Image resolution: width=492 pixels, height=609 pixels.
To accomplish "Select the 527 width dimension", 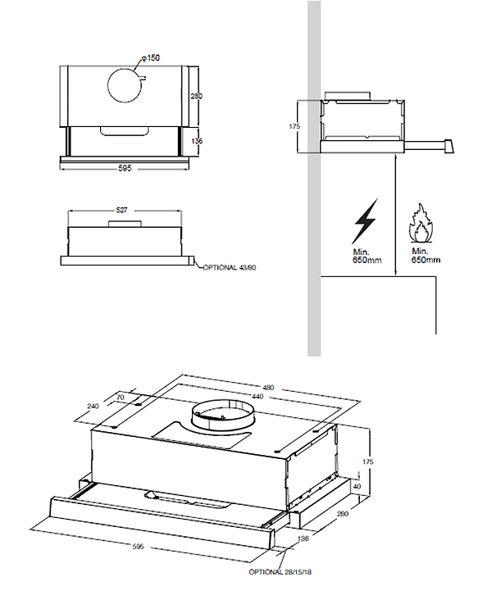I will (121, 211).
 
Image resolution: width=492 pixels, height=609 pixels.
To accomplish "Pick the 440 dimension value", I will (258, 396).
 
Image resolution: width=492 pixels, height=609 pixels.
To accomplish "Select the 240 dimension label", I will (93, 406).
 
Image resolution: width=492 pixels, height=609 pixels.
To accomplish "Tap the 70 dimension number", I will (121, 397).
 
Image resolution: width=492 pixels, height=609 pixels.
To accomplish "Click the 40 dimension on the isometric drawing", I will (357, 486).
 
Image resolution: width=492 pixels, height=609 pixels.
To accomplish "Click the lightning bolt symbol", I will (367, 220).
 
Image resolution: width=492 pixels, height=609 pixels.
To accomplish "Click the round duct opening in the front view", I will (128, 83).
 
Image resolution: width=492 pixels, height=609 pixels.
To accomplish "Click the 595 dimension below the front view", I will (125, 168).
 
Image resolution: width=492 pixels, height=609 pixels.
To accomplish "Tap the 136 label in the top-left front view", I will (196, 141).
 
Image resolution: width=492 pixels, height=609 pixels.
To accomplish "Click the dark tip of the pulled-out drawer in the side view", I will (449, 146).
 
